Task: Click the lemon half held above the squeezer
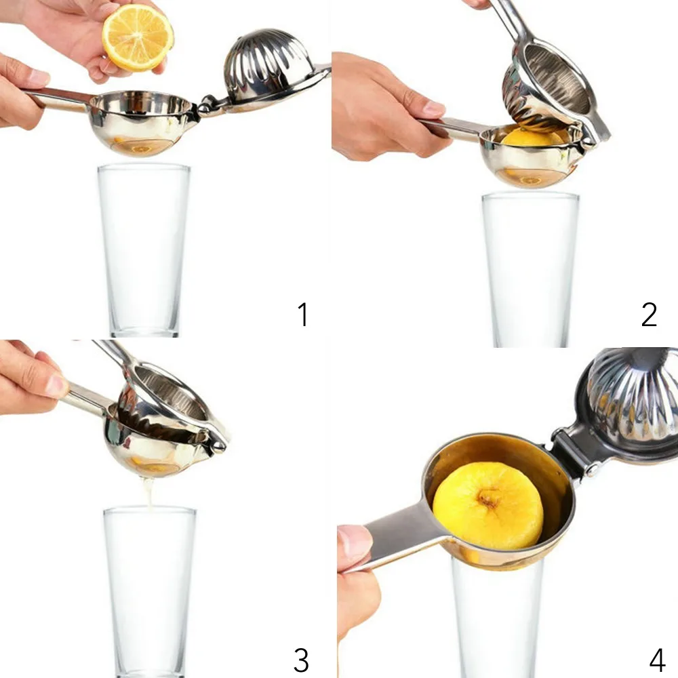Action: point(138,38)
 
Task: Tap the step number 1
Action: point(304,315)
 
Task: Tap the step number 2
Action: point(649,315)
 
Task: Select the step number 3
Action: point(301,660)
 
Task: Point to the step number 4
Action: point(657,660)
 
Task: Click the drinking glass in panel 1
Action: point(144,250)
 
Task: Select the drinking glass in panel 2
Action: point(530,270)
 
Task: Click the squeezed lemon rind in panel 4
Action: point(488,505)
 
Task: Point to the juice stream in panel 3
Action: point(149,492)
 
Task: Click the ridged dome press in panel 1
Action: point(266,65)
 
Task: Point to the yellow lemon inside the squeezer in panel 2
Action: point(533,138)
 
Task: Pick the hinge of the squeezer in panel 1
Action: point(207,105)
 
